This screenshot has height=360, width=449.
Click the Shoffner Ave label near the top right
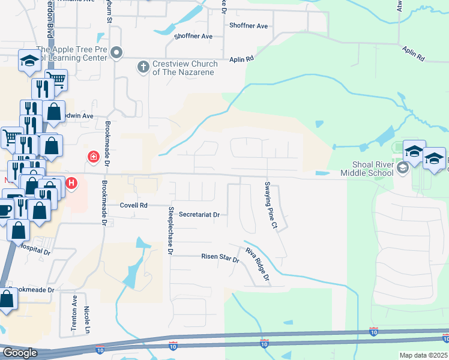point(248,26)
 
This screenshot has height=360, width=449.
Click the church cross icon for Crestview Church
point(143,65)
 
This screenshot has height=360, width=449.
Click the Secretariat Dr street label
point(199,214)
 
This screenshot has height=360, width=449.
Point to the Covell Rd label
point(133,205)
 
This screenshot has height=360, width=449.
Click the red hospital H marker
point(71,182)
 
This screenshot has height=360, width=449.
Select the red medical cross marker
point(93,158)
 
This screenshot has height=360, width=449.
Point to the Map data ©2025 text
point(424,355)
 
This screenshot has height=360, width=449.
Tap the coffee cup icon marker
point(5,209)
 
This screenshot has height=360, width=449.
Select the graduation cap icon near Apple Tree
point(29,60)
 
